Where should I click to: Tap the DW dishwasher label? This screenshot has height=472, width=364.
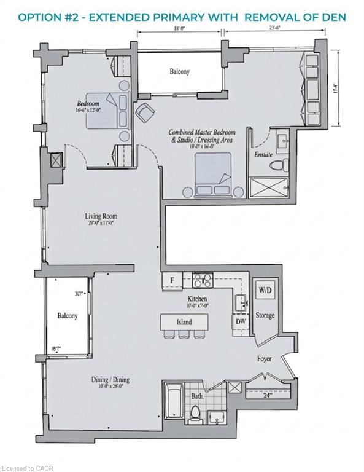point(241,320)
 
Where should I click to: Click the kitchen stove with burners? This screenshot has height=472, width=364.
point(202,281)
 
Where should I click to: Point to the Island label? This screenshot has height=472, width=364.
point(184,321)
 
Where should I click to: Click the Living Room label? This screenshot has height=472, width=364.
point(101,216)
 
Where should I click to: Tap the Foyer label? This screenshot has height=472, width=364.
point(265,357)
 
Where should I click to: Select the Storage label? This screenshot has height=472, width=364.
point(266,315)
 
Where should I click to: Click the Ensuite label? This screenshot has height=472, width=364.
point(263,155)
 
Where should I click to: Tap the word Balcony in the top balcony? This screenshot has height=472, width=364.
point(179,72)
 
